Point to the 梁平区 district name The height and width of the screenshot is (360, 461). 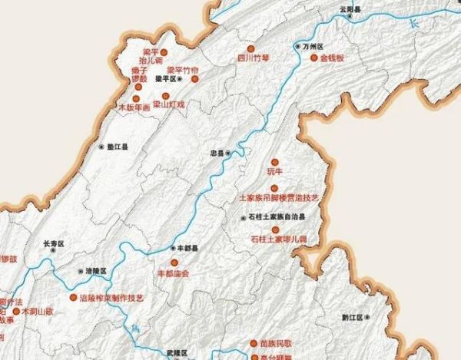click(x=165, y=78)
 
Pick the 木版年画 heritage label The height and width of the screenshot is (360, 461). click(x=134, y=108)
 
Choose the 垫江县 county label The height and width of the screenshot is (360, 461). click(x=117, y=146)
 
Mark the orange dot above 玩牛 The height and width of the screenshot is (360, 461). click(x=274, y=162)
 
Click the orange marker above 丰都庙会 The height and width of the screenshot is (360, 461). click(x=174, y=263)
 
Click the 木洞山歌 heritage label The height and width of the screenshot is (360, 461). click(x=38, y=312)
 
